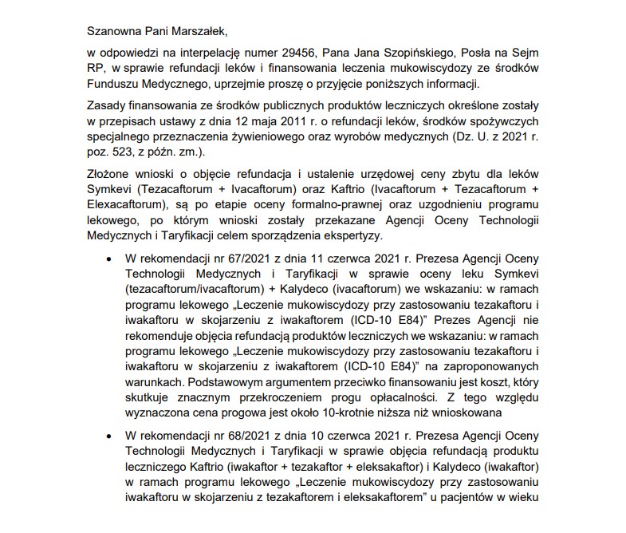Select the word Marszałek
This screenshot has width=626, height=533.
coord(199,32)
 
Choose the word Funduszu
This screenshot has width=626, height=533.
coord(116,85)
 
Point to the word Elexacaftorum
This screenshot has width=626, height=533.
coord(125,206)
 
